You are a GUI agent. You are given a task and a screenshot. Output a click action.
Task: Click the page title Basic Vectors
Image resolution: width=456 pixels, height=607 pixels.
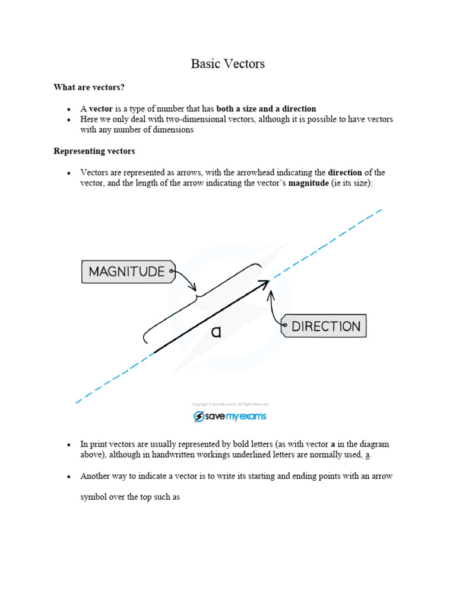tap(227, 64)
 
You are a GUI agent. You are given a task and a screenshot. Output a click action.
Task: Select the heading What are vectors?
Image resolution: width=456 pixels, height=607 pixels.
tap(89, 87)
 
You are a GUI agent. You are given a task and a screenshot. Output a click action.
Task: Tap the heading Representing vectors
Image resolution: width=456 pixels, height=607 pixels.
tap(94, 151)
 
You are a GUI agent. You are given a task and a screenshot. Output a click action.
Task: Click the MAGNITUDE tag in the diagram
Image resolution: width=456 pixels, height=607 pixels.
tap(127, 272)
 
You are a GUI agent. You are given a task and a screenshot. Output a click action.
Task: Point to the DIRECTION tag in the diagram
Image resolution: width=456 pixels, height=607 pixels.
tap(325, 326)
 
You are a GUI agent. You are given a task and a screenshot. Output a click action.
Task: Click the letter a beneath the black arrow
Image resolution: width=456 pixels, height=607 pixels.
tap(216, 333)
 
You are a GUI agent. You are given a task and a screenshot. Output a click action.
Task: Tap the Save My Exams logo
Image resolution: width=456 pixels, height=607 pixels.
tap(230, 416)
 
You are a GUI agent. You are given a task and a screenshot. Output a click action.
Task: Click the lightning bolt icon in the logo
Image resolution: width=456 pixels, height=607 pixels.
tap(199, 417)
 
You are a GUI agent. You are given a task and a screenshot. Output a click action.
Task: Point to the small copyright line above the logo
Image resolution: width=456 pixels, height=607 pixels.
tap(230, 404)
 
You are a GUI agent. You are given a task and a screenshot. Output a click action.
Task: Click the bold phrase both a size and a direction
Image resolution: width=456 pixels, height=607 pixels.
tap(266, 109)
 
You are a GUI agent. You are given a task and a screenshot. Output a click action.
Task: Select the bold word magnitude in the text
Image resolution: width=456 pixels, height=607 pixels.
tap(308, 183)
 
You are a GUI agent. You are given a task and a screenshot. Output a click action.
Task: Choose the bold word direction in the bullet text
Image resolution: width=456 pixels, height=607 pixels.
tap(345, 172)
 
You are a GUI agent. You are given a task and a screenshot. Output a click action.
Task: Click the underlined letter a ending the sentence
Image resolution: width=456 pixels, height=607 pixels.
tap(368, 455)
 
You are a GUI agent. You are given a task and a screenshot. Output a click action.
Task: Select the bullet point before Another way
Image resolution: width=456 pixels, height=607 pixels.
tap(69, 477)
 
